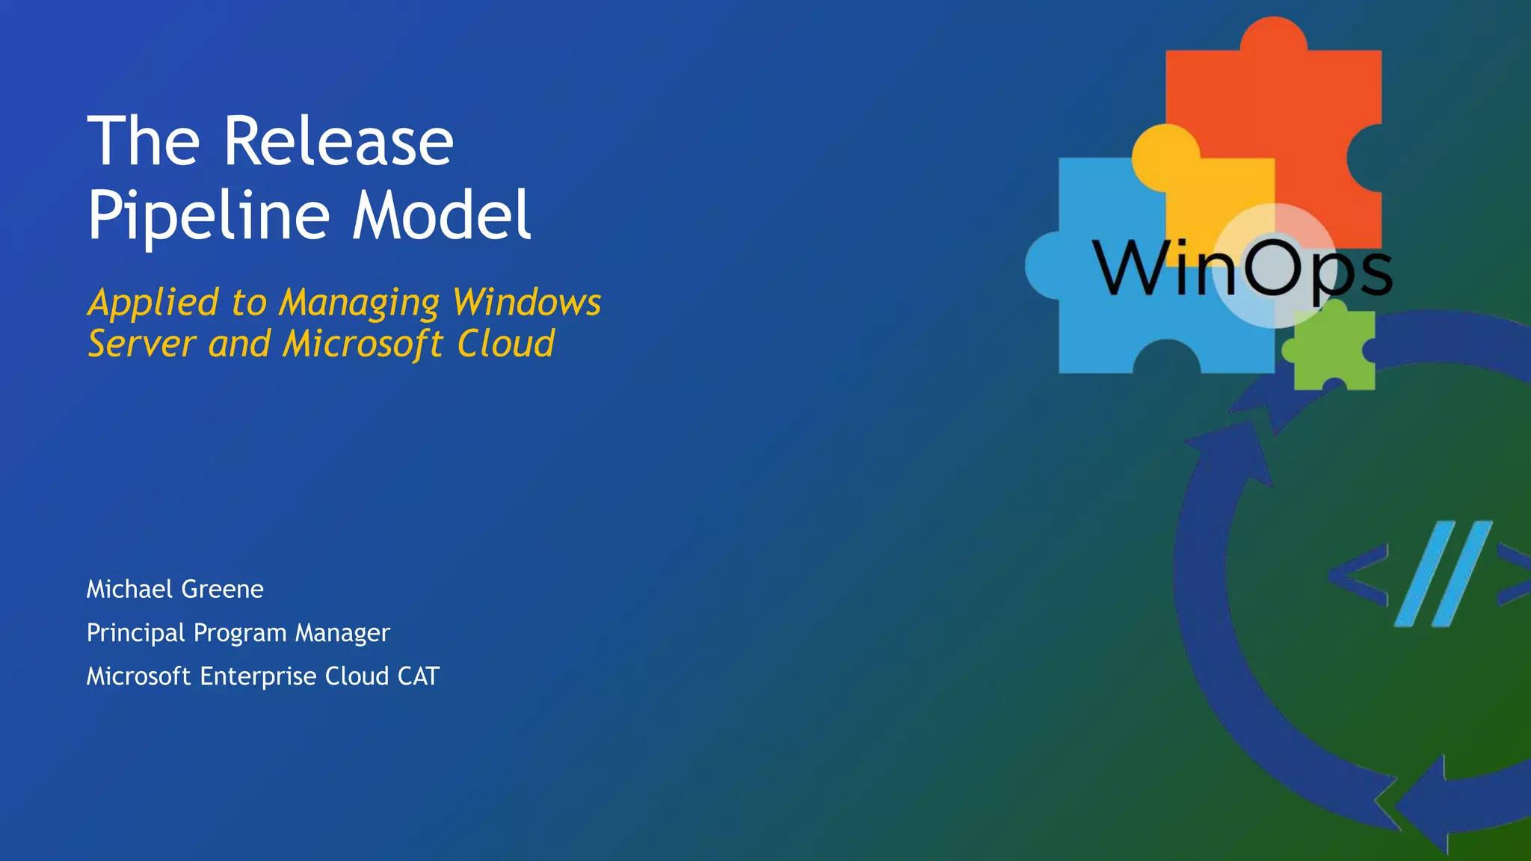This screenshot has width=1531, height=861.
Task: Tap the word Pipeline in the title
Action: pyautogui.click(x=209, y=215)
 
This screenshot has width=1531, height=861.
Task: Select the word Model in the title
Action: pyautogui.click(x=442, y=215)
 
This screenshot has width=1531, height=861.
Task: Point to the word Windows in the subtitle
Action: pyautogui.click(x=527, y=303)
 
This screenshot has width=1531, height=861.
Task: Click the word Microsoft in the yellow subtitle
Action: pyautogui.click(x=363, y=344)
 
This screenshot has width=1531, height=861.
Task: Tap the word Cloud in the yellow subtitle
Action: pyautogui.click(x=506, y=344)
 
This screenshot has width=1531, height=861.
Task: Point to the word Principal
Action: pyautogui.click(x=135, y=633)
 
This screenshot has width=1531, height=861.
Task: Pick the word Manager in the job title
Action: pyautogui.click(x=342, y=633)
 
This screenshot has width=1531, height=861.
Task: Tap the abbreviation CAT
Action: pyautogui.click(x=419, y=676)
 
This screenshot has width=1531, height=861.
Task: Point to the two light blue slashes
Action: pyautogui.click(x=1443, y=574)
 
